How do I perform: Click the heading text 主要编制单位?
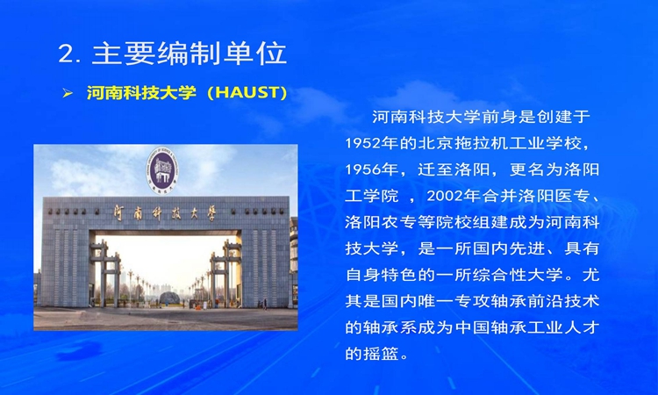(190, 54)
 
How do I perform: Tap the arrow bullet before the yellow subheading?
(68, 93)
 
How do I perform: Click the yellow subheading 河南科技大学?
(141, 93)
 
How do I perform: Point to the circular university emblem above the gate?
(162, 170)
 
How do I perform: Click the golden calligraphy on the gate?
(165, 213)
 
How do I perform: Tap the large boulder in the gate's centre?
(170, 298)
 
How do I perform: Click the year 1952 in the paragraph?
(362, 144)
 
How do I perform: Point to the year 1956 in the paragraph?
(362, 169)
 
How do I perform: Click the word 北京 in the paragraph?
(435, 144)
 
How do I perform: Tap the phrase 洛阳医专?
(554, 196)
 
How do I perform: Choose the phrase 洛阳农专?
(381, 222)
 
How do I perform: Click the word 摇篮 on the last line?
(381, 354)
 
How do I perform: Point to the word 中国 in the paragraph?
(472, 327)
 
